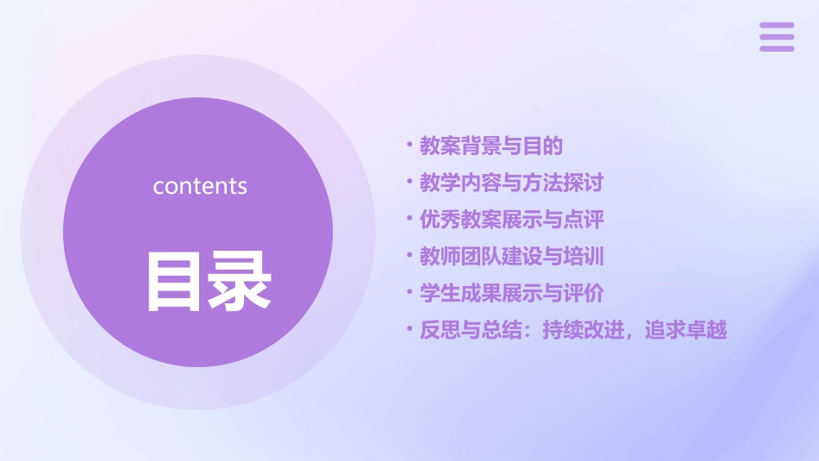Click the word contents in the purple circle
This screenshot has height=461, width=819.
200,186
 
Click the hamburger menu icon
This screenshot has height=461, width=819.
777,37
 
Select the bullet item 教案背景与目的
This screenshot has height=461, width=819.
491,146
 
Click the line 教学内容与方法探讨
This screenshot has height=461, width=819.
510,183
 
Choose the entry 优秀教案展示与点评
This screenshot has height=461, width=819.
510,220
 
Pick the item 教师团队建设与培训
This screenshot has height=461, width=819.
510,256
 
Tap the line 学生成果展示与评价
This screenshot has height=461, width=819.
510,293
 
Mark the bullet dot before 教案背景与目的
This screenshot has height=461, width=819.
409,146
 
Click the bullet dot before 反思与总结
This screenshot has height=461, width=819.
409,329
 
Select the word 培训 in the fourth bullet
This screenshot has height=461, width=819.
584,256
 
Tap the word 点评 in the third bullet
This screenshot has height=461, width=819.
584,220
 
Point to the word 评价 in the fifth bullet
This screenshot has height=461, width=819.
584,293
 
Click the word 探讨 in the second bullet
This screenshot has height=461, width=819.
584,183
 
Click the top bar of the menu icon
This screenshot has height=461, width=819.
777,26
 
